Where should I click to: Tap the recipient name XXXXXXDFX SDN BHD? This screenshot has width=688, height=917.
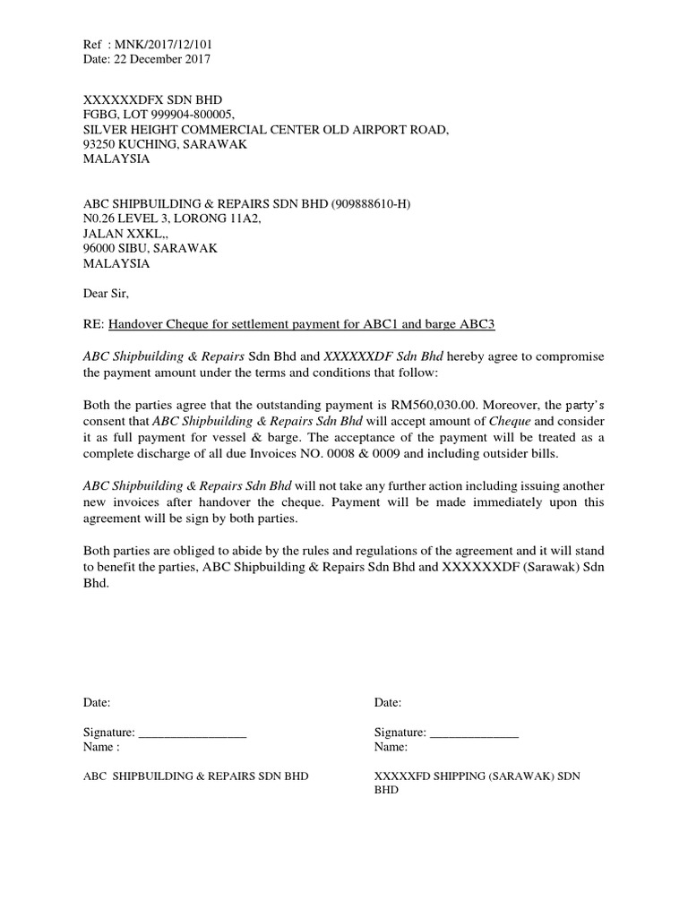pos(152,99)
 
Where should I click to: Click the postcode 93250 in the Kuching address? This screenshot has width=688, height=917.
pos(101,144)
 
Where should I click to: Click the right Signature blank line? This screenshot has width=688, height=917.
pos(475,734)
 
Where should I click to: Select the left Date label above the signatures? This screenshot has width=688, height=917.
pos(97,703)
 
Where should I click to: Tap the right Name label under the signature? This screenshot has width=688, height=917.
pos(391,747)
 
